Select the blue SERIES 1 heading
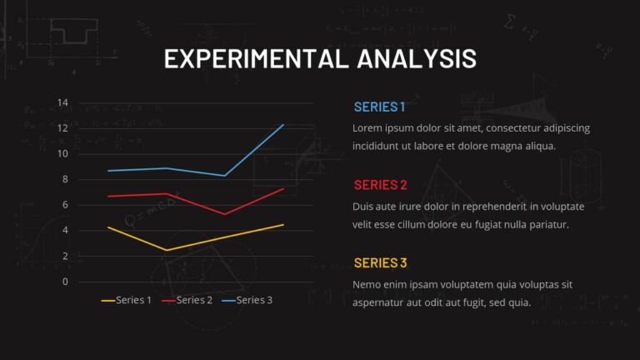pyautogui.click(x=379, y=107)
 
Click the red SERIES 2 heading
pyautogui.click(x=380, y=184)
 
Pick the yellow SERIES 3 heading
pyautogui.click(x=380, y=262)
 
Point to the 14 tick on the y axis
pyautogui.click(x=62, y=103)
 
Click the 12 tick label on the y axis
pyautogui.click(x=62, y=128)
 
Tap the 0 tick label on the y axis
pyautogui.click(x=65, y=282)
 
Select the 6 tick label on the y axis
pyautogui.click(x=65, y=205)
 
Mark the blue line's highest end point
pyautogui.click(x=284, y=125)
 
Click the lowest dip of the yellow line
pyautogui.click(x=167, y=250)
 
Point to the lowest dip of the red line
pyautogui.click(x=225, y=214)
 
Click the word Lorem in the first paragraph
pyautogui.click(x=368, y=128)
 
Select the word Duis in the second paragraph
pyautogui.click(x=365, y=206)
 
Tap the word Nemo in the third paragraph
pyautogui.click(x=367, y=284)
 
